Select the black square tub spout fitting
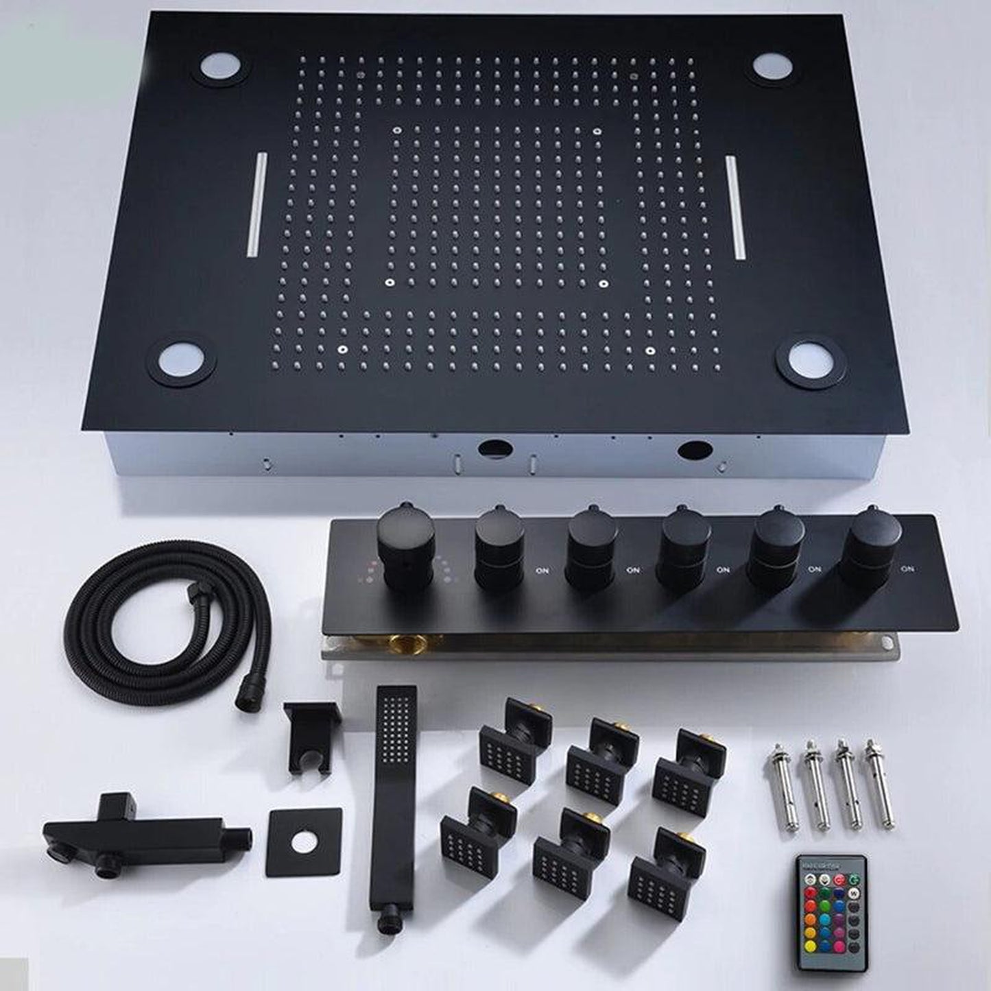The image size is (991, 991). [144, 834]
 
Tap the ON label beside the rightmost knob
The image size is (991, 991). [907, 569]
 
